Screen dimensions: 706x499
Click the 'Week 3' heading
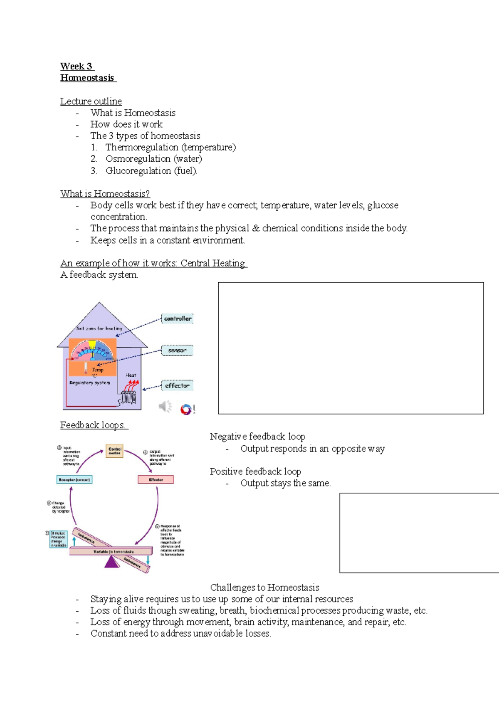[x=77, y=67]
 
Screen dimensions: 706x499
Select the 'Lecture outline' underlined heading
[x=91, y=101]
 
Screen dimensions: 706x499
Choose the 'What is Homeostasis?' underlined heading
[x=105, y=194]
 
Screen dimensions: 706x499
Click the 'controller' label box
[x=178, y=319]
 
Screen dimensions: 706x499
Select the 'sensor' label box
[x=177, y=351]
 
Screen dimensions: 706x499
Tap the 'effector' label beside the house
[x=177, y=385]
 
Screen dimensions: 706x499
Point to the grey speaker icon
[x=165, y=406]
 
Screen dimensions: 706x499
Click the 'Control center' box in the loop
[x=114, y=451]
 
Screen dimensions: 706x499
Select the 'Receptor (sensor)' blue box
[x=74, y=480]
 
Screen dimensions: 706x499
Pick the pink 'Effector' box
[x=156, y=480]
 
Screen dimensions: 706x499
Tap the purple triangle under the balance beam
[x=111, y=562]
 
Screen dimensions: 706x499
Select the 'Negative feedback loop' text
[x=257, y=437]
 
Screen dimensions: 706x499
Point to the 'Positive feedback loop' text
[x=255, y=471]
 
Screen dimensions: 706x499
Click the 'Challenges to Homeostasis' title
[x=264, y=588]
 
